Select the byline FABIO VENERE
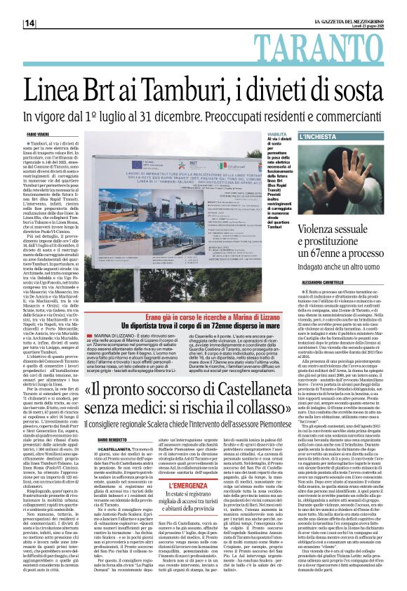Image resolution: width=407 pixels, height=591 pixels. (36, 133)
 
